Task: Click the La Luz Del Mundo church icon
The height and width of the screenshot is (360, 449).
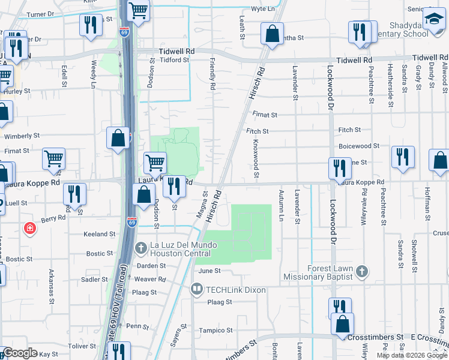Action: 140,248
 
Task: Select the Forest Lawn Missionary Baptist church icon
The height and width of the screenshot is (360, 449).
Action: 361,272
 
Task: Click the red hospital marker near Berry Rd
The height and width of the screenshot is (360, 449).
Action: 28,228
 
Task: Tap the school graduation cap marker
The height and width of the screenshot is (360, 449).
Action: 433,20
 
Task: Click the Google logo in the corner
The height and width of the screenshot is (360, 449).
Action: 20,353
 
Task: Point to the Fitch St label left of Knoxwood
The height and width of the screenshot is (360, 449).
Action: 257,130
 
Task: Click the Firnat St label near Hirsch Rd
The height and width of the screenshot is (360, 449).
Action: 265,115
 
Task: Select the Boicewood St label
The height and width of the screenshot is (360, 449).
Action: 359,146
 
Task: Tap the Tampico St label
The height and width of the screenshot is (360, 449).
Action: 215,331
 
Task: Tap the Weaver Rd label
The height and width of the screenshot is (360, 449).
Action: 149,280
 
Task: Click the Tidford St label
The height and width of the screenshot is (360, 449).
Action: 174,60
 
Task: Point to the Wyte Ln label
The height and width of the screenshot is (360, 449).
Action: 262,9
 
